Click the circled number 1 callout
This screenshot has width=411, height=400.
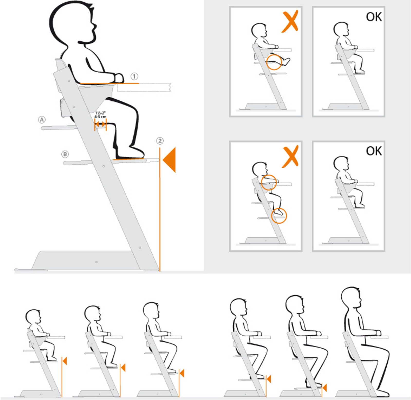point(134,76)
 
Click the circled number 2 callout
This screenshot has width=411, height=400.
point(160,141)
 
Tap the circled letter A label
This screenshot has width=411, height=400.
point(42,120)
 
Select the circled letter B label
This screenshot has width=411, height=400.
point(65,154)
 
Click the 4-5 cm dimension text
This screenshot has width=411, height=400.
point(100,117)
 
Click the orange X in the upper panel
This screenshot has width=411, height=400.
point(290,22)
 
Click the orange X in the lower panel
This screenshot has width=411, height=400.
point(290,156)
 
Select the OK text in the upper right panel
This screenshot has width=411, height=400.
point(374,17)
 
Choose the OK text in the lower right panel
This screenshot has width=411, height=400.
point(374,151)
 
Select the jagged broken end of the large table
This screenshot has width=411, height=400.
point(170,87)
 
